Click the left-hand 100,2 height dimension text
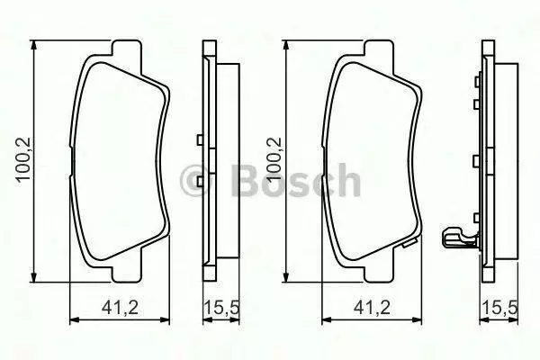tap(24, 159)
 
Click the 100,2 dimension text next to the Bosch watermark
tap(274, 159)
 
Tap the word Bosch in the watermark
tap(296, 180)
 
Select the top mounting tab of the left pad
tap(126, 48)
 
